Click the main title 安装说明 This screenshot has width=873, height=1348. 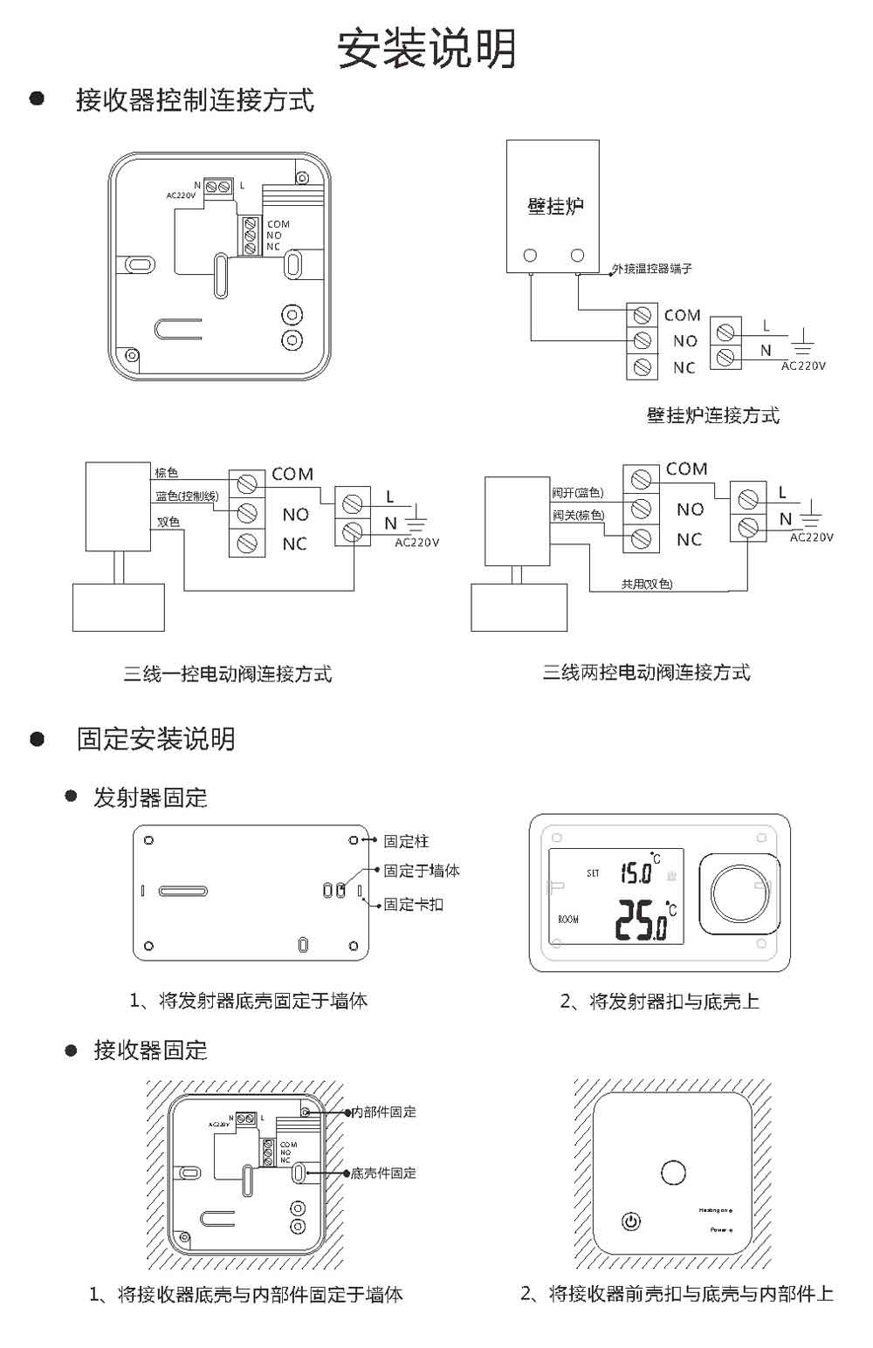tap(427, 48)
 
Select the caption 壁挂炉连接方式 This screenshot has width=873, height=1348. tap(713, 415)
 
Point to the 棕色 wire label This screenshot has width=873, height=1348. tap(167, 473)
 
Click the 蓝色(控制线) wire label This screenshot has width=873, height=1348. tap(187, 496)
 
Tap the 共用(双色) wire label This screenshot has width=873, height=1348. tap(647, 584)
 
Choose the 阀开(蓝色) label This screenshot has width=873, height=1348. tap(577, 493)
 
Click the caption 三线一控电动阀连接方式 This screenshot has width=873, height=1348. tap(227, 674)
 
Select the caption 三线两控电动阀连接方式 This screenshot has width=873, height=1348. tap(646, 672)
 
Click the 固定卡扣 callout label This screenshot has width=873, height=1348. tap(413, 904)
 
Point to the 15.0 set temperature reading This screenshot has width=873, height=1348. tap(636, 872)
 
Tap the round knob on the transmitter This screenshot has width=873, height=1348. tap(738, 893)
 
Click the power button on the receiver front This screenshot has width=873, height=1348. tap(630, 1221)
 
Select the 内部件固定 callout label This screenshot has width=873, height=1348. tap(383, 1112)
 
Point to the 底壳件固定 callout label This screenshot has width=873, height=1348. tap(383, 1174)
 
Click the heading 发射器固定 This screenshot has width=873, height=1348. tap(150, 797)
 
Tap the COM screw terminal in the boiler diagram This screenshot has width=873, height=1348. tap(643, 314)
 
